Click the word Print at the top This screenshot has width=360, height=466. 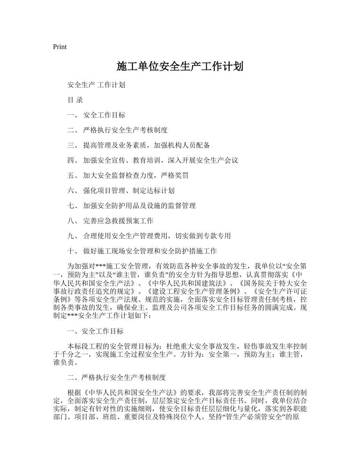60,47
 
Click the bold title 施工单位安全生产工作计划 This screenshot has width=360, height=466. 180,67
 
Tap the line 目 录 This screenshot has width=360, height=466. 75,100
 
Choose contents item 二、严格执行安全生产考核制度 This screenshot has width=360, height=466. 117,130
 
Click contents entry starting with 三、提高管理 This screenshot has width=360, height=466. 139,145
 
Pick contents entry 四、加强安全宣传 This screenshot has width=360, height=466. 153,161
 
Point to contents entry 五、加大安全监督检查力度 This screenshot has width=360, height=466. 128,176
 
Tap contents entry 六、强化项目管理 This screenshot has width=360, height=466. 121,191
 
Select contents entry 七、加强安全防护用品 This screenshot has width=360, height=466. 131,206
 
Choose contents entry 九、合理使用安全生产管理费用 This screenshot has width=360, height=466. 149,236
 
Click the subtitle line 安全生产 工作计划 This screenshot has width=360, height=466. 96,85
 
